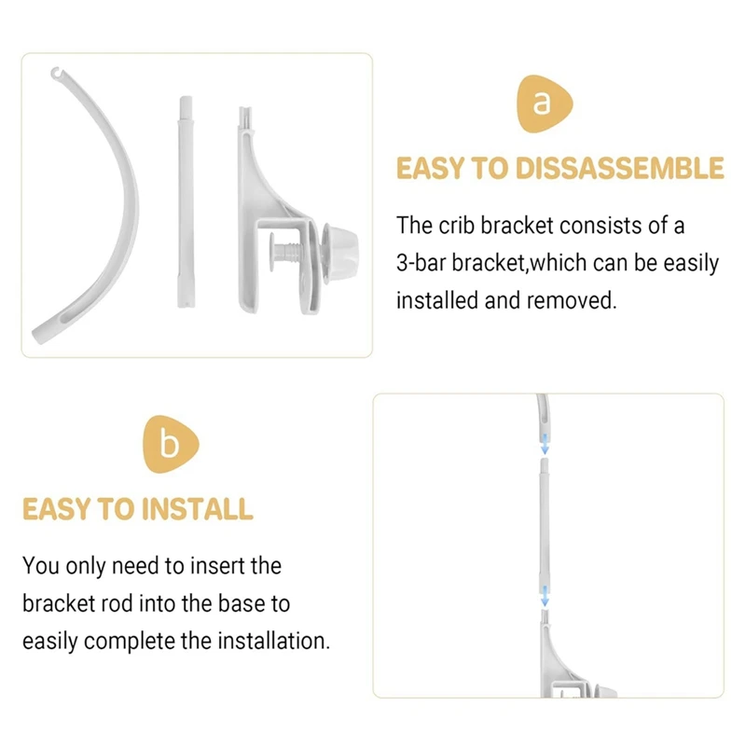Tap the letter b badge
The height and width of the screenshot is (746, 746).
170,445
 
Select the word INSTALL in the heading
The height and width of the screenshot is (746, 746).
197,509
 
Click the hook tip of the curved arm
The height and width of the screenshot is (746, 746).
57,71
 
